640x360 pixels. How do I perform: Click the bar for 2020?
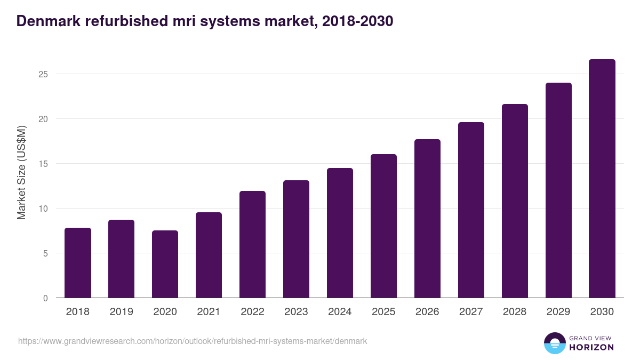click(165, 265)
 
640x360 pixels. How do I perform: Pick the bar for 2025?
click(383, 226)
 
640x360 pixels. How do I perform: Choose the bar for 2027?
click(471, 210)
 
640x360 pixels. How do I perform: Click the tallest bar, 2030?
click(602, 179)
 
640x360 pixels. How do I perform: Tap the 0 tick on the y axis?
click(45, 298)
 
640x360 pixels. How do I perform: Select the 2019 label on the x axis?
click(122, 312)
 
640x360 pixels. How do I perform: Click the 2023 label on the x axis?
click(296, 312)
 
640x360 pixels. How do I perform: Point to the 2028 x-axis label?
click(515, 312)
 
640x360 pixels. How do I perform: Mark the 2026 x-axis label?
click(427, 312)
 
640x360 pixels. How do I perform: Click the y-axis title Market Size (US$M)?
click(21, 172)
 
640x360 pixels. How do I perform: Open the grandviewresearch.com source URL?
click(193, 341)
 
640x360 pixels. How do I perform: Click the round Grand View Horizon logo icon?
click(554, 343)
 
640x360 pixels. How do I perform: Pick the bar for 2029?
click(558, 190)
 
